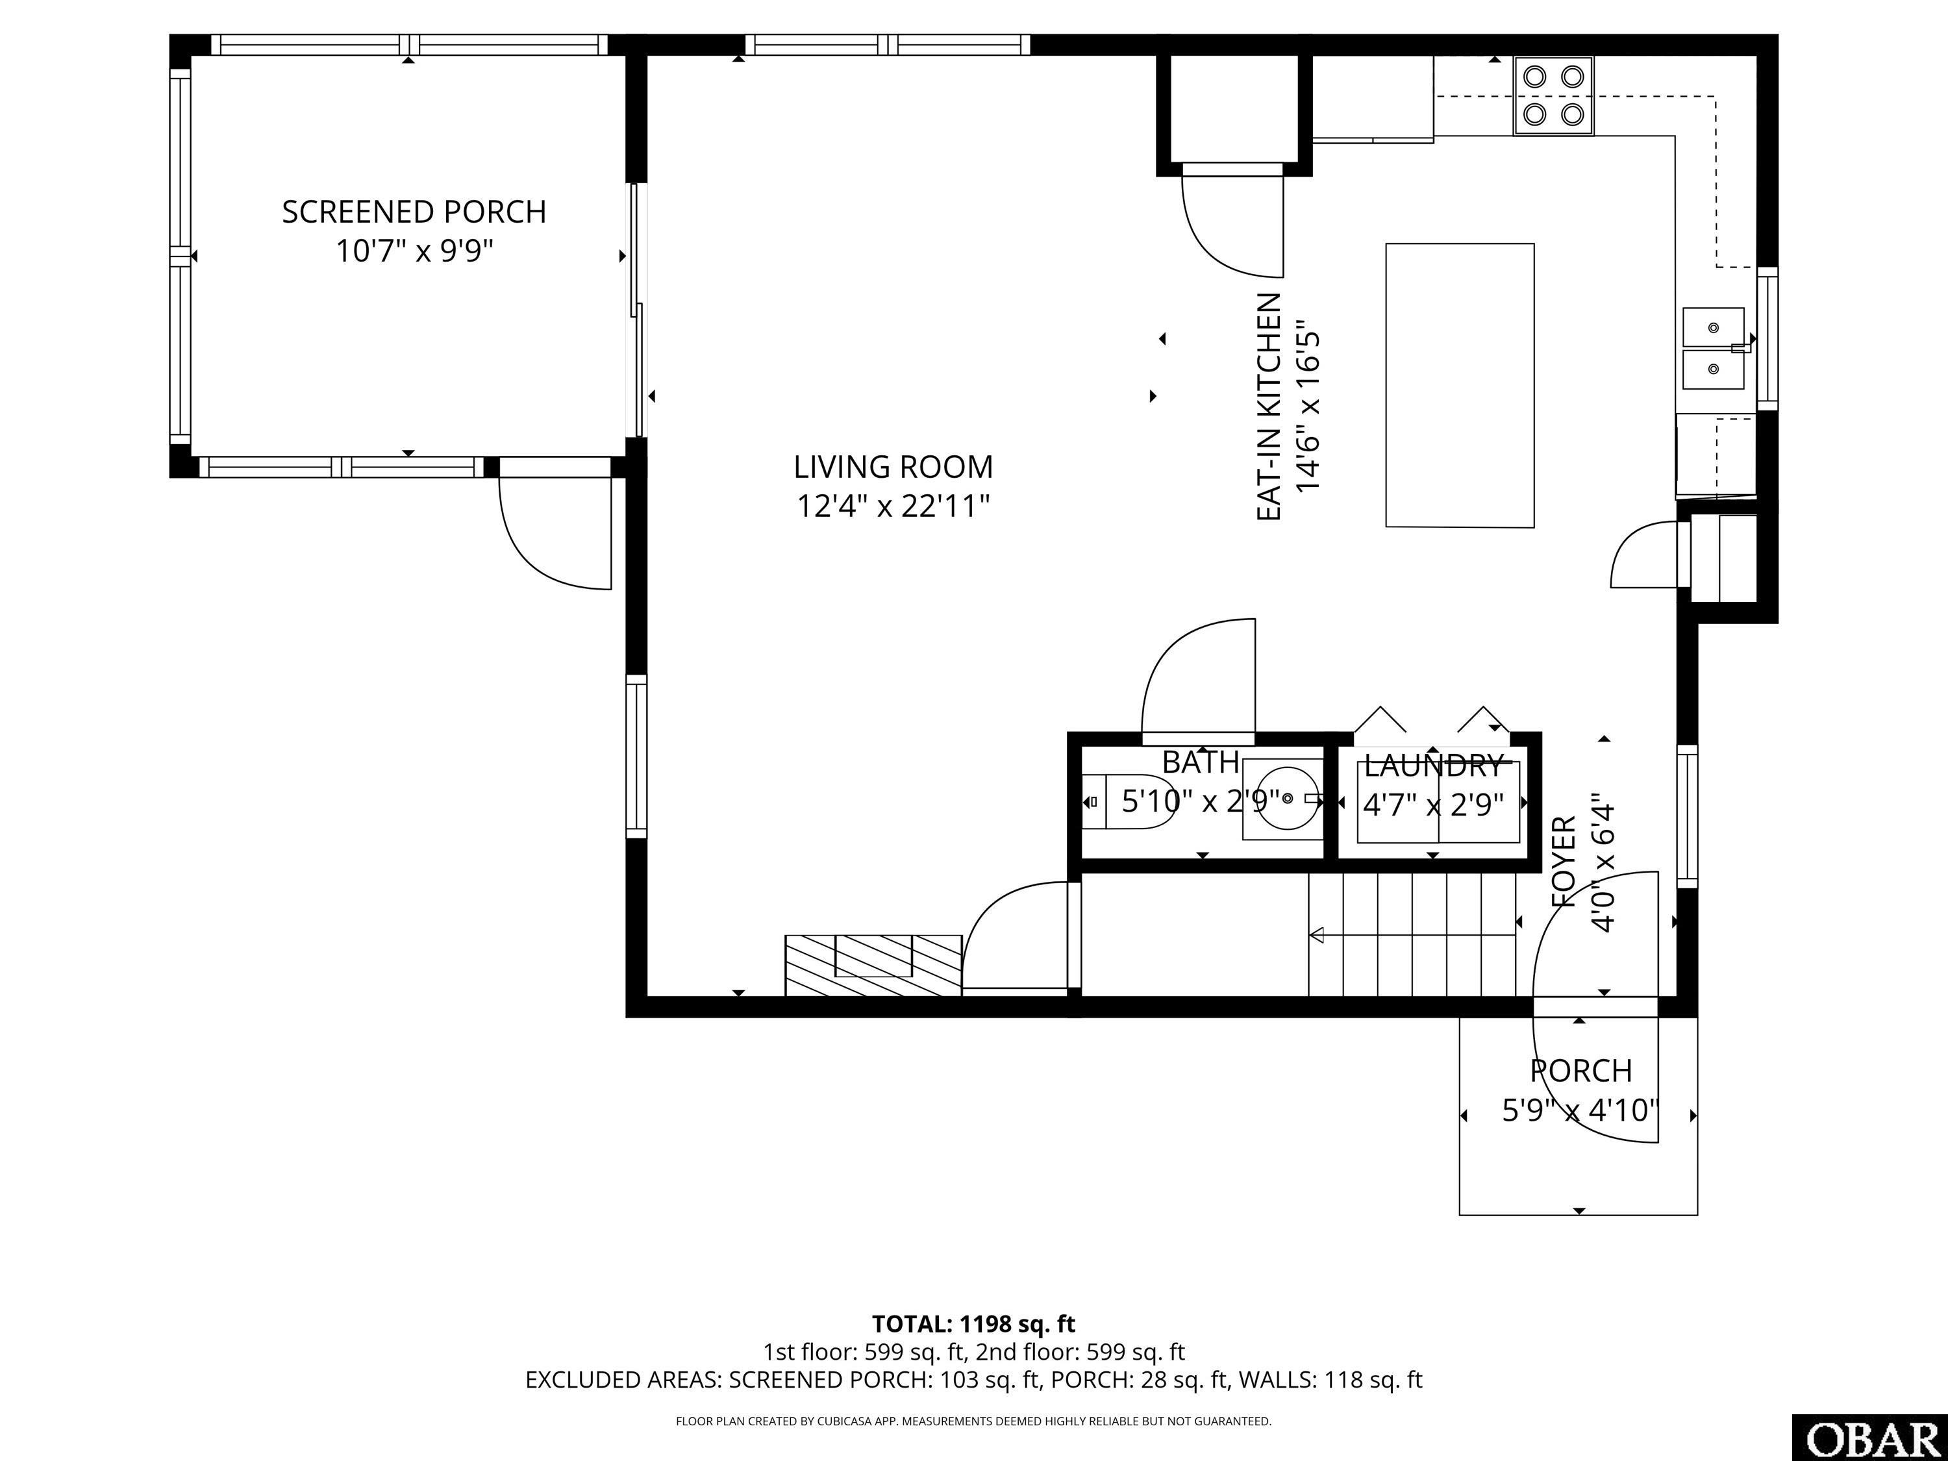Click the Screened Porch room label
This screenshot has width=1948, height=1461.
click(x=414, y=212)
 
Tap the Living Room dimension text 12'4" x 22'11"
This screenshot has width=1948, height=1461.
click(x=893, y=506)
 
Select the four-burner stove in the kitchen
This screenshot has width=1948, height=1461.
click(x=1553, y=96)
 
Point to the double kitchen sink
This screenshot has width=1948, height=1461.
click(x=1714, y=349)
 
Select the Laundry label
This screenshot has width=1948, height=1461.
click(x=1433, y=766)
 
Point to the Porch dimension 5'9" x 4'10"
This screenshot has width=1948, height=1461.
click(x=1580, y=1110)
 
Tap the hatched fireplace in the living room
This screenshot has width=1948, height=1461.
click(x=873, y=965)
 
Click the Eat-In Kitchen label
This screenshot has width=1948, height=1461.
click(x=1268, y=407)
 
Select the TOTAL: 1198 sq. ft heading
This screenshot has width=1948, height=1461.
click(x=973, y=1323)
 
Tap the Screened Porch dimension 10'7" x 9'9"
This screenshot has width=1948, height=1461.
click(x=414, y=252)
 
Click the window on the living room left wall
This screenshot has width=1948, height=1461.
click(x=636, y=756)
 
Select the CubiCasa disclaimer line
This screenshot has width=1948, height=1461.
click(x=973, y=1421)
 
